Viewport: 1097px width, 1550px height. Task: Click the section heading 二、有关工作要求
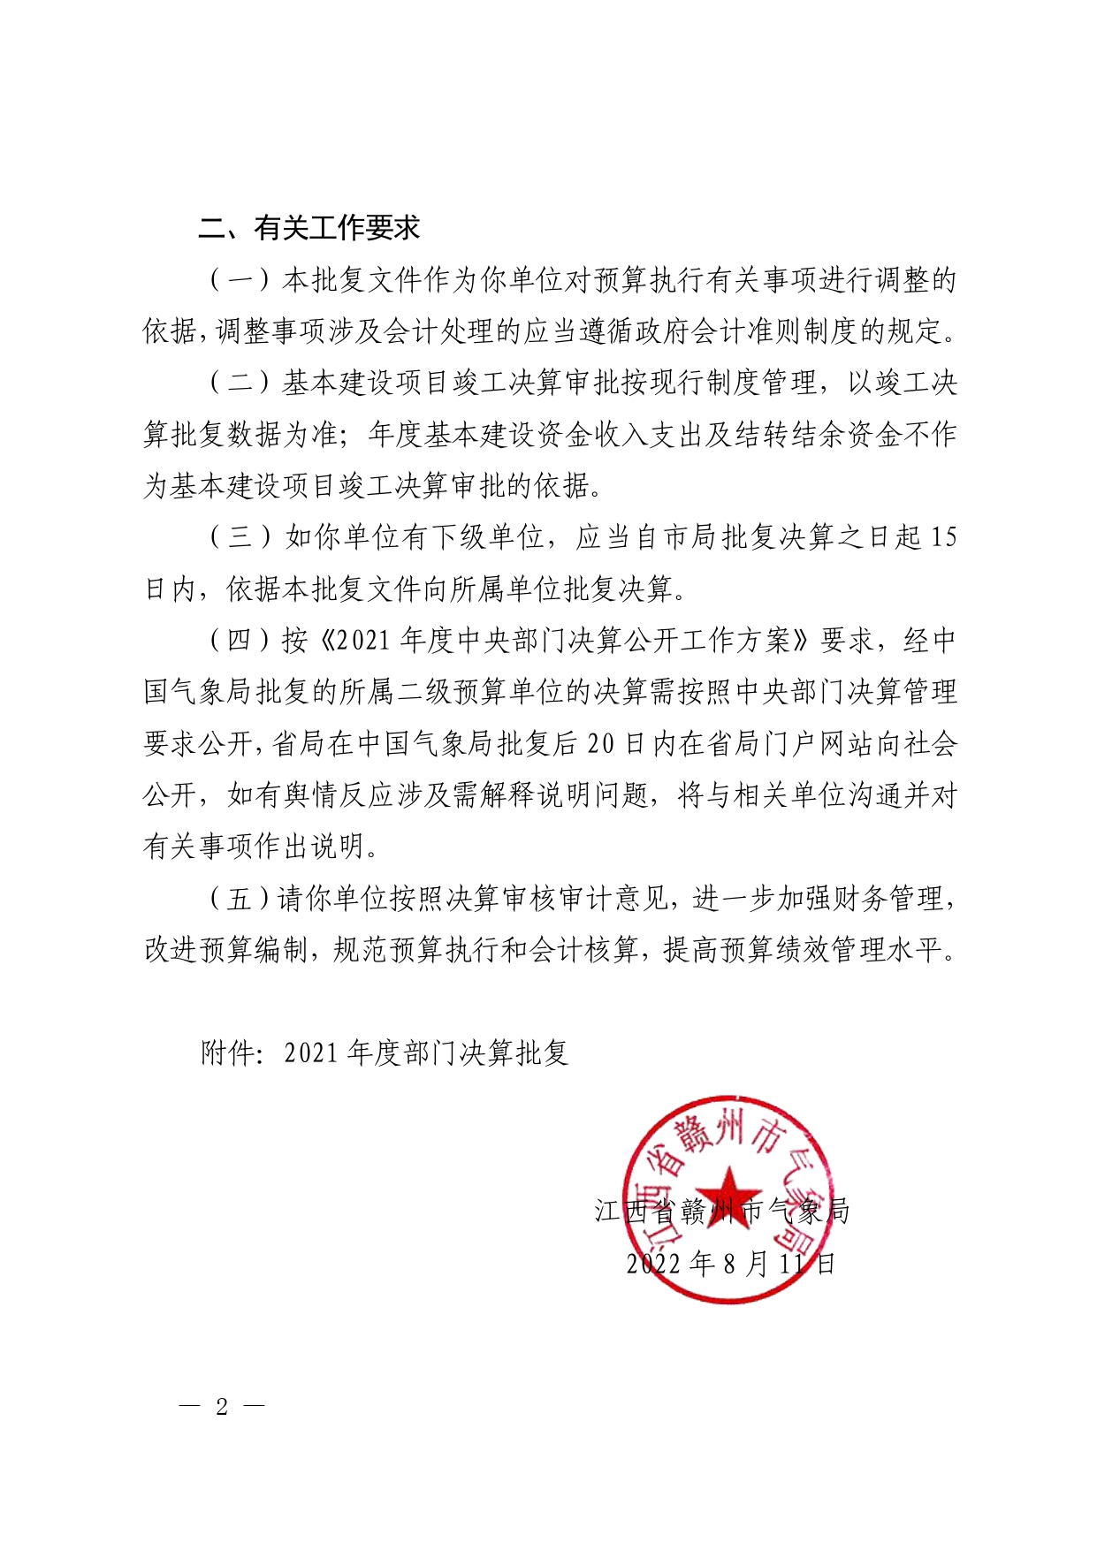coord(309,228)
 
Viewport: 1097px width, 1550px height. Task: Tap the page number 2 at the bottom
coord(222,1407)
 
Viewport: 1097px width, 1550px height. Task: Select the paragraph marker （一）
coord(240,280)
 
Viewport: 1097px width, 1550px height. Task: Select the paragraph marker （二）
coord(240,383)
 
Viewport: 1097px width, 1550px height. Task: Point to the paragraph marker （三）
coord(240,537)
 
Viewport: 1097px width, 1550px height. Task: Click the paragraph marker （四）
coord(240,641)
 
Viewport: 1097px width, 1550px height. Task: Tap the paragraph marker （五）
coord(240,899)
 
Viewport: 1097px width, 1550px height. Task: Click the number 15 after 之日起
coord(943,537)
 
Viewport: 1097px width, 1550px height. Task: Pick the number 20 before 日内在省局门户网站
coord(600,744)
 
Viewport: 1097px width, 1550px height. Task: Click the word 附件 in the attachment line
coord(227,1052)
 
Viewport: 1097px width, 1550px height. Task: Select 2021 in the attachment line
coord(312,1052)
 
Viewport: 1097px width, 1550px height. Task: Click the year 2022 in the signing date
coord(654,1264)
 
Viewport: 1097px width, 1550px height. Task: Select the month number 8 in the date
coord(729,1264)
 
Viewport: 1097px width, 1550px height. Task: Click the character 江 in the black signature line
coord(608,1211)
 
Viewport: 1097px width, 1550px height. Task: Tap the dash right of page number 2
coord(254,1406)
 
